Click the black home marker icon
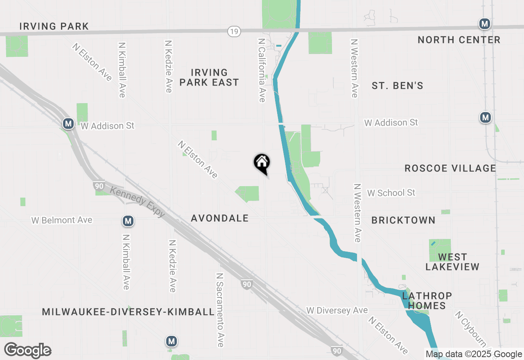[262, 163]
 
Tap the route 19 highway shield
[234, 31]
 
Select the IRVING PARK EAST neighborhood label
[209, 77]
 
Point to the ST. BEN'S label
[397, 85]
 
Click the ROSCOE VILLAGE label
[450, 168]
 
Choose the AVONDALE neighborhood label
[220, 218]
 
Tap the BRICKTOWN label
[403, 220]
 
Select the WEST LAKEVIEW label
[452, 262]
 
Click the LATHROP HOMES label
[427, 301]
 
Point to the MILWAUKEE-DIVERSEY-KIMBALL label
[128, 312]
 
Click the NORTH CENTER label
[459, 40]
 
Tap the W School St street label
[391, 193]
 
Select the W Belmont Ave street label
[62, 220]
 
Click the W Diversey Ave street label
[337, 310]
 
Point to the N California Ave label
[261, 70]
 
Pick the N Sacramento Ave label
[220, 310]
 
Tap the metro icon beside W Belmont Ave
[128, 221]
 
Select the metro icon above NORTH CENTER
[485, 24]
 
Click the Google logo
[27, 350]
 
